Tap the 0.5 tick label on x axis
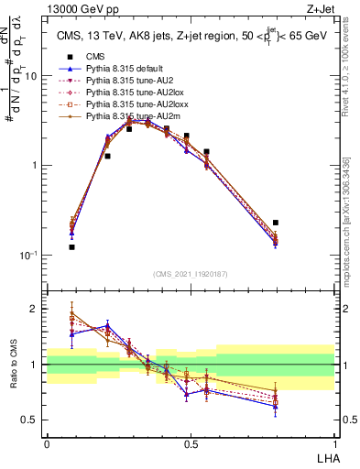(x=191, y=444)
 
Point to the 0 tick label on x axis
(x=47, y=444)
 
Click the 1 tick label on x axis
(x=334, y=444)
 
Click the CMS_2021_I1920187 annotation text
(x=191, y=274)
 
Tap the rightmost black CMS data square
(x=276, y=223)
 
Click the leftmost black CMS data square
(x=71, y=247)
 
